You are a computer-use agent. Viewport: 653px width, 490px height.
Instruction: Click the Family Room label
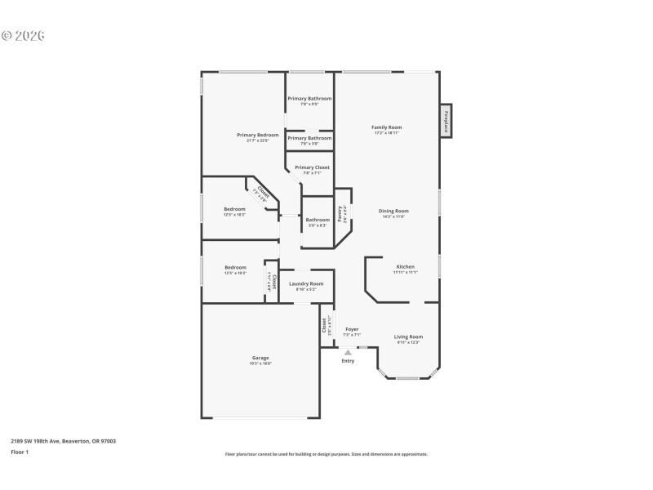pyautogui.click(x=387, y=127)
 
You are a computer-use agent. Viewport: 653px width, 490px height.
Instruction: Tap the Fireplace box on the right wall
pyautogui.click(x=446, y=121)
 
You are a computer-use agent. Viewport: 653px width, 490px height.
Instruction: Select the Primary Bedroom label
pyautogui.click(x=258, y=135)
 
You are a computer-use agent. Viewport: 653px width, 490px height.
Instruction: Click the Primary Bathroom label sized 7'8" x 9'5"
pyautogui.click(x=309, y=99)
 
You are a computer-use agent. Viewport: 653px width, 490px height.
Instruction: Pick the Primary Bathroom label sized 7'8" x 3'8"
pyautogui.click(x=309, y=138)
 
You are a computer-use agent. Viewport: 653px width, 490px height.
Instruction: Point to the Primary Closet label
pyautogui.click(x=312, y=167)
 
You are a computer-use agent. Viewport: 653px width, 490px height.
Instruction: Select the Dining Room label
pyautogui.click(x=393, y=211)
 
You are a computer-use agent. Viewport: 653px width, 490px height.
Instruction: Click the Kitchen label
pyautogui.click(x=406, y=267)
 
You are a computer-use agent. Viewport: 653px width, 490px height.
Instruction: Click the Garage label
pyautogui.click(x=260, y=358)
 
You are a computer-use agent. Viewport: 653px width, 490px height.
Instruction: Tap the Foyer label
pyautogui.click(x=352, y=329)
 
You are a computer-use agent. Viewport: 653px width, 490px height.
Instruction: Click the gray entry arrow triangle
pyautogui.click(x=348, y=352)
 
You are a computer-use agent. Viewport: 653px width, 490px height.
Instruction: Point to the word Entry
pyautogui.click(x=348, y=360)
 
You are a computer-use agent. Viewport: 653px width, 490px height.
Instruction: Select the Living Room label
pyautogui.click(x=408, y=336)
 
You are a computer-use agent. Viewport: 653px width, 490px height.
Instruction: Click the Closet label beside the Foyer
pyautogui.click(x=326, y=325)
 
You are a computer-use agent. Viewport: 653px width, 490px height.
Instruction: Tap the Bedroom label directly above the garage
pyautogui.click(x=236, y=267)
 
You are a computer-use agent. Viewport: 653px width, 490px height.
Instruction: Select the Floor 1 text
pyautogui.click(x=20, y=452)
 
